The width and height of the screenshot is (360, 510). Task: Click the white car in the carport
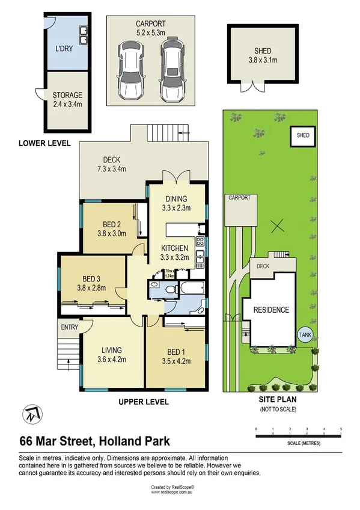click(x=130, y=70)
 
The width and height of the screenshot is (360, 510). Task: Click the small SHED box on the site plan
click(x=303, y=136)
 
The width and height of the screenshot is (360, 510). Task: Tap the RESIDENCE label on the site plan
click(x=271, y=310)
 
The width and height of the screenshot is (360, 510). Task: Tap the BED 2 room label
click(x=112, y=230)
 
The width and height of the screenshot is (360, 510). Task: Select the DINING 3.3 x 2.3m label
click(x=177, y=204)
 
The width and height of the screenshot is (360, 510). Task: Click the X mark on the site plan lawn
click(x=276, y=227)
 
